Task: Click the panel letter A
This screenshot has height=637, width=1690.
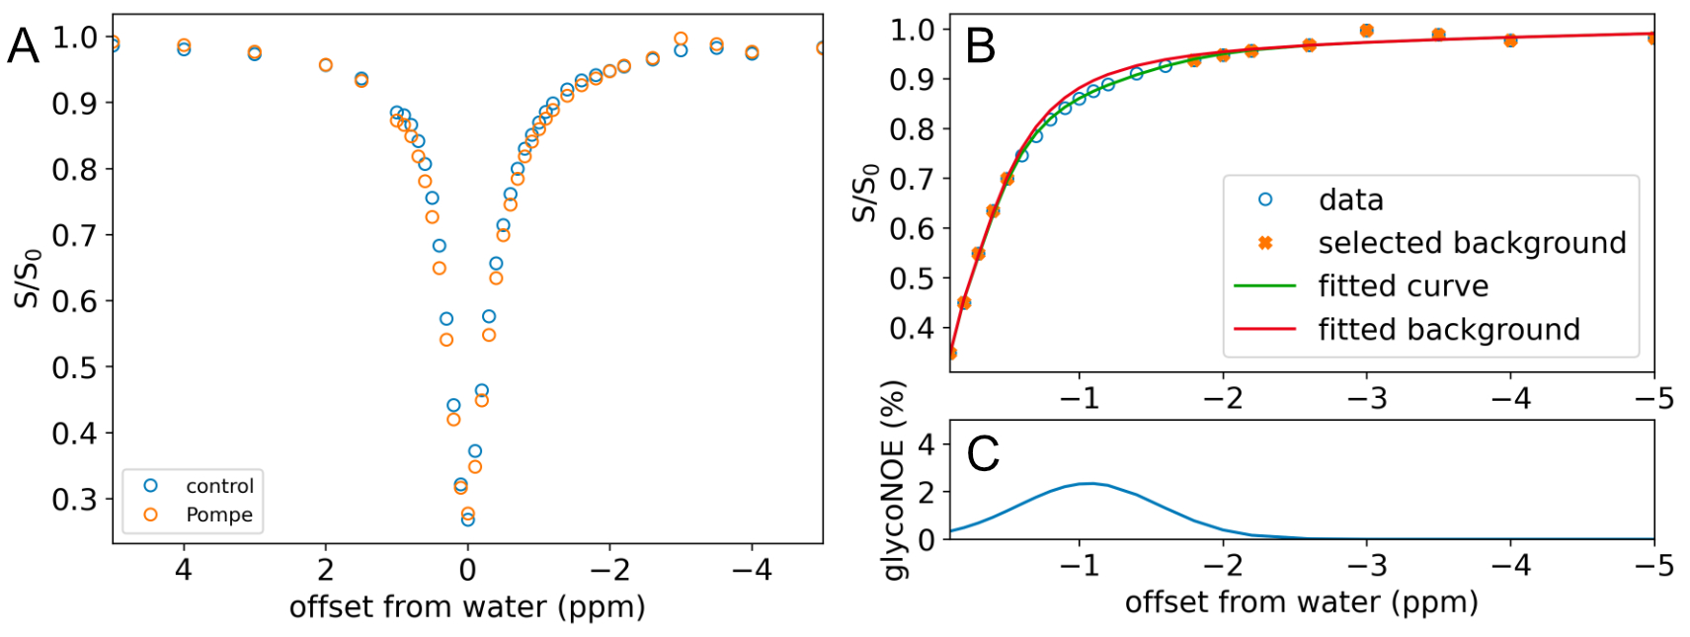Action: (23, 46)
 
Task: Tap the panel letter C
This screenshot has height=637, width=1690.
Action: (983, 454)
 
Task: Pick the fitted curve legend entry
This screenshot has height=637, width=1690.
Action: (1362, 286)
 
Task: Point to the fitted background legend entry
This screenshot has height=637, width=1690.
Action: (1408, 329)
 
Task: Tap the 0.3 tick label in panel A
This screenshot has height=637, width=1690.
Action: (74, 499)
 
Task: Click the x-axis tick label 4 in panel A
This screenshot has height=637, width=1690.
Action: (184, 569)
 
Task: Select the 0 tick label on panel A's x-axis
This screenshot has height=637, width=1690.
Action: (468, 569)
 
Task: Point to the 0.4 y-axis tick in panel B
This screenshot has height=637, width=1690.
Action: (912, 328)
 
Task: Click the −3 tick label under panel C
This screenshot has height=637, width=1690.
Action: (1367, 565)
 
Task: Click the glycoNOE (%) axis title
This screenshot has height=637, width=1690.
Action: (895, 481)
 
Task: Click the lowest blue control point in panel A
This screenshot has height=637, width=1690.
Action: (468, 519)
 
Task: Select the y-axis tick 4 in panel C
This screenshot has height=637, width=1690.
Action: (926, 445)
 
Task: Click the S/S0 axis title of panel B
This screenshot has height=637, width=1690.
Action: (866, 193)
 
